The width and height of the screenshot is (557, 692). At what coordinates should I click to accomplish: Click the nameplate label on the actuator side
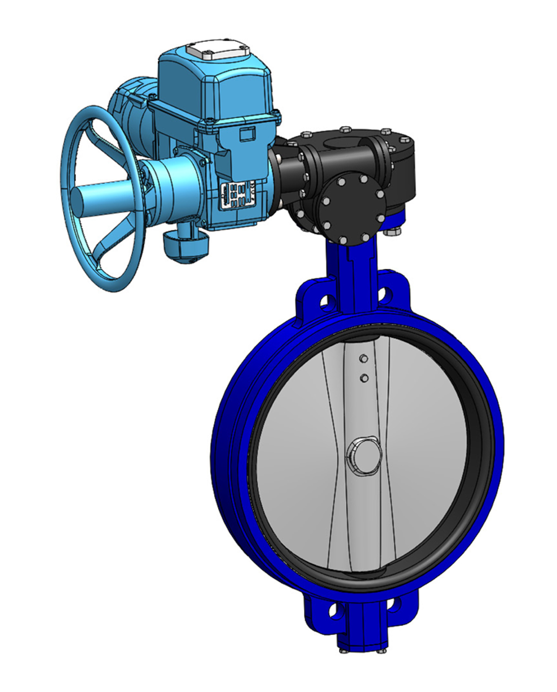pos(238,195)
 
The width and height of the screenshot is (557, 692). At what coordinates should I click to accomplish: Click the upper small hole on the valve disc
pos(362,359)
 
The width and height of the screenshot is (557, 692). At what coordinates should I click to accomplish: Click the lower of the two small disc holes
pos(363,377)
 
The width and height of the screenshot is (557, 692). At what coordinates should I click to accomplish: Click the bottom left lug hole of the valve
pos(335,611)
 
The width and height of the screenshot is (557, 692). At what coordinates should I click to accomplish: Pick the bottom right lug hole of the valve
pos(393,604)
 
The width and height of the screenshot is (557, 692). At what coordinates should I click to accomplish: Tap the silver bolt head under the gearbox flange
pos(393,232)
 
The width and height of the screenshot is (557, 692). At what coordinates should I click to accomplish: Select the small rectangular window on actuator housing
pos(247,134)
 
